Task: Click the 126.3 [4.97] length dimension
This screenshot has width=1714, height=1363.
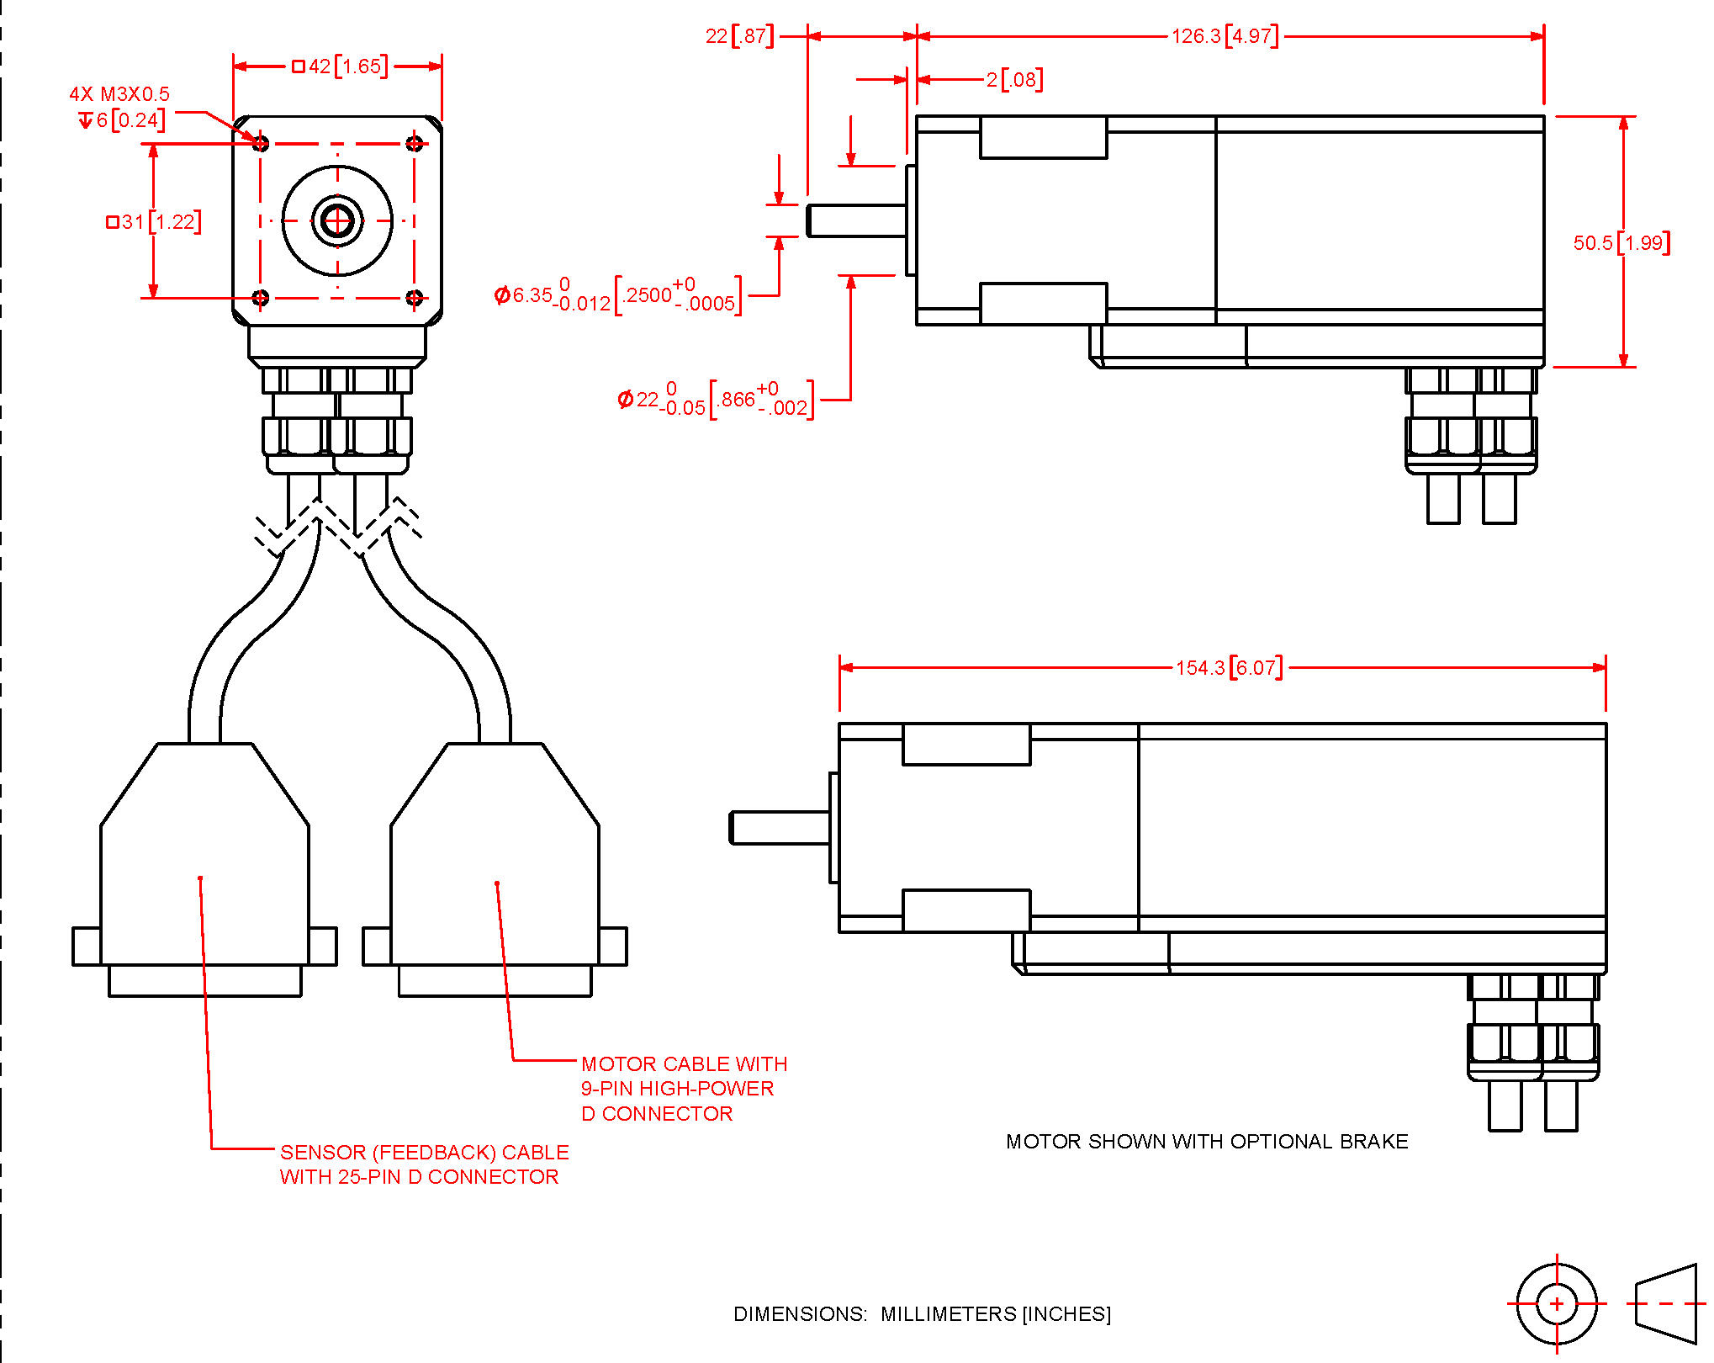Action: [1225, 36]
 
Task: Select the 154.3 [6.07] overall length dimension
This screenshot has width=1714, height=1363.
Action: [1229, 668]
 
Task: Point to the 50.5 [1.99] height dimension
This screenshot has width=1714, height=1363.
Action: [1621, 243]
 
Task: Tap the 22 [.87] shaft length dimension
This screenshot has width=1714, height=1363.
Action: [740, 36]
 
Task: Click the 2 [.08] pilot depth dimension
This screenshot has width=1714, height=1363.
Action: [1014, 80]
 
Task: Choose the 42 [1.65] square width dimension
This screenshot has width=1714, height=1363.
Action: [340, 66]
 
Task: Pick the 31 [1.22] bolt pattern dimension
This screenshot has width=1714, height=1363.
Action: [154, 222]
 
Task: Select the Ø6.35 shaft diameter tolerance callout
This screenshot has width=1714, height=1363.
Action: [618, 295]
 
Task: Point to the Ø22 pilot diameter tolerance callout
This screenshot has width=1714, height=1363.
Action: [716, 400]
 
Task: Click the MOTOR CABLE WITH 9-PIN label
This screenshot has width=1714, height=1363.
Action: [685, 1089]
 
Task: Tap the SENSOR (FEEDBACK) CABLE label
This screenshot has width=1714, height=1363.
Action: [425, 1164]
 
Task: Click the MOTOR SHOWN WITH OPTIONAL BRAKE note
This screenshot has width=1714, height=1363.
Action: [1207, 1142]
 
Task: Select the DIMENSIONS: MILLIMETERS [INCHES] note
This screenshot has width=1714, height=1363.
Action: [923, 1314]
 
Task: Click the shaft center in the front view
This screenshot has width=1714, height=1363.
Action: [338, 221]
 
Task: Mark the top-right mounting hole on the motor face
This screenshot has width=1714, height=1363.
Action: [415, 144]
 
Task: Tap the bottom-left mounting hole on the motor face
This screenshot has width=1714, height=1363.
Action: [261, 298]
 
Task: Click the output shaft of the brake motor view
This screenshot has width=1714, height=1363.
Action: [780, 828]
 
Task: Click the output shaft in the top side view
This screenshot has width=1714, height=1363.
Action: [857, 221]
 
